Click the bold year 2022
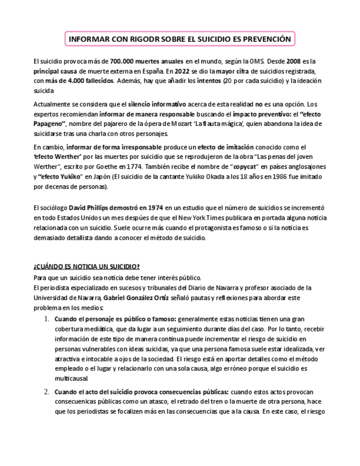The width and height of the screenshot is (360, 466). [x=185, y=71]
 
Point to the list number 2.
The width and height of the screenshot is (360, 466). [x=47, y=392]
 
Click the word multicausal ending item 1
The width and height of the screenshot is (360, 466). [x=71, y=379]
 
